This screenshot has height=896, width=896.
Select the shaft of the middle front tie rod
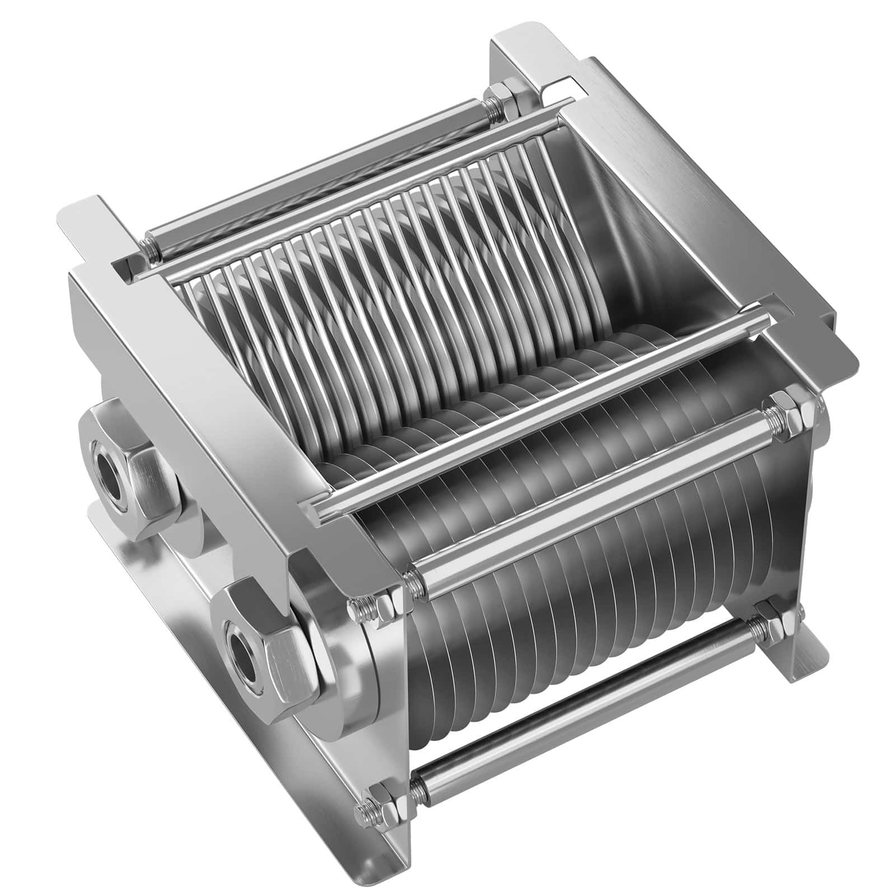[x=594, y=493]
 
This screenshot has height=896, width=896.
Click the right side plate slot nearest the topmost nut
[x=560, y=84]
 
